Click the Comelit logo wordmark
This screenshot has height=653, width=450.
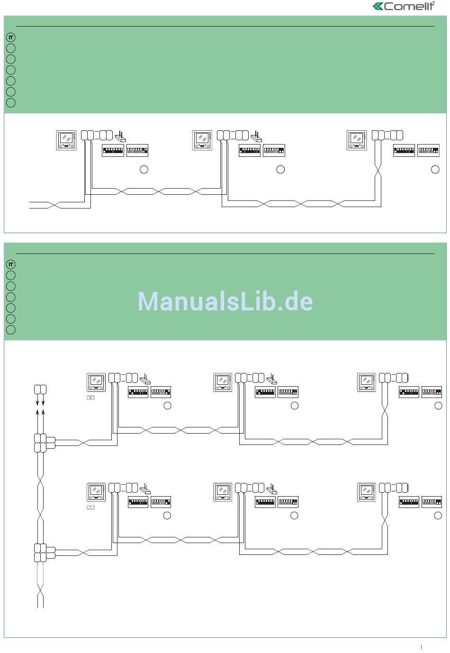click(x=409, y=6)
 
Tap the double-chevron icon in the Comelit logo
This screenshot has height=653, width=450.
click(x=378, y=6)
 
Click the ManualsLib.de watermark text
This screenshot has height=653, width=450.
click(x=225, y=301)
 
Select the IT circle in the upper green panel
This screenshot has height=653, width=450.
click(x=11, y=37)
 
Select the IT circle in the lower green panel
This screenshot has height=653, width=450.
click(x=11, y=264)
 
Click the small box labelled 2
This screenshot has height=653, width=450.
click(x=90, y=398)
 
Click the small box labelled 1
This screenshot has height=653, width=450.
click(x=90, y=508)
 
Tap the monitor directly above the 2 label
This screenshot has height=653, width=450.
click(x=96, y=382)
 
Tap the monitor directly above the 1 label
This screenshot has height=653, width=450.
click(x=96, y=492)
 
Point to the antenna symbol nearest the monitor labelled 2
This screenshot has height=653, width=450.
click(x=145, y=379)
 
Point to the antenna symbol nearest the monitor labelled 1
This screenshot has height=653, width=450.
click(x=145, y=489)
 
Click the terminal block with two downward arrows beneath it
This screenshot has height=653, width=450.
click(x=40, y=390)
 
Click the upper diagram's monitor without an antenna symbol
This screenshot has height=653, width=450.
click(x=357, y=140)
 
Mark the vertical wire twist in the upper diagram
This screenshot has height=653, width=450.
click(x=378, y=172)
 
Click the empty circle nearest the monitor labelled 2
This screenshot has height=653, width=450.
click(x=167, y=406)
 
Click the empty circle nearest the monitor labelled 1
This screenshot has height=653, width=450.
click(x=167, y=516)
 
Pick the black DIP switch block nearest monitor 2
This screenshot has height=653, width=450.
click(x=138, y=392)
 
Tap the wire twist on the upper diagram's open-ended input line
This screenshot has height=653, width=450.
click(x=54, y=205)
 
